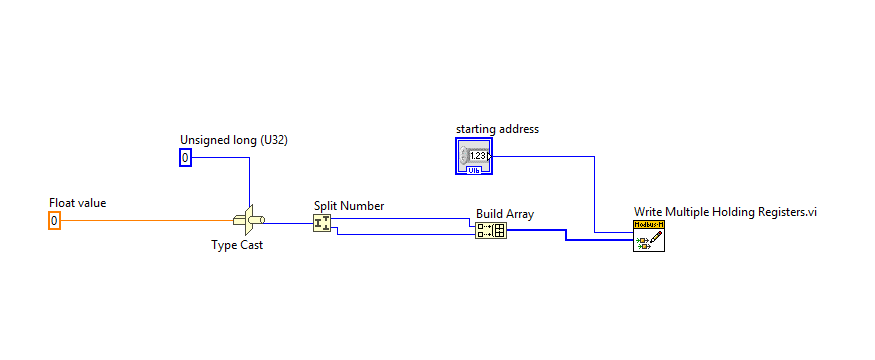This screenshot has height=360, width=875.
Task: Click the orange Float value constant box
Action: (x=55, y=220)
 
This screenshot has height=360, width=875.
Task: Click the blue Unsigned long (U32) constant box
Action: (x=185, y=157)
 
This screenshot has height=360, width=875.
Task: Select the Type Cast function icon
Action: (x=248, y=220)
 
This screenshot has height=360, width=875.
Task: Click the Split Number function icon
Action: (x=321, y=222)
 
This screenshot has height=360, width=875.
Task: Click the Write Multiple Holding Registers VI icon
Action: (x=649, y=236)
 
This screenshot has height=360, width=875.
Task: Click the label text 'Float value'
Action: (x=78, y=203)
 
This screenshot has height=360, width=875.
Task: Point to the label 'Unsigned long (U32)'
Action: (x=225, y=139)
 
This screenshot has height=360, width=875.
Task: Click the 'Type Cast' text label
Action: (x=237, y=244)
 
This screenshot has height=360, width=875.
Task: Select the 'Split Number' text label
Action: (x=348, y=206)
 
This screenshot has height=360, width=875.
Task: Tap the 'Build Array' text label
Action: (x=505, y=214)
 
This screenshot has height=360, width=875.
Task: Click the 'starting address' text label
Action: (x=497, y=129)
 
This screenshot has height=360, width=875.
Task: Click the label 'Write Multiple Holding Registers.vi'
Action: (x=725, y=212)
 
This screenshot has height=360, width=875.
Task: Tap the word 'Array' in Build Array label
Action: (x=520, y=214)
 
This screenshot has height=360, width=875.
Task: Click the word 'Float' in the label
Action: (x=62, y=203)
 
